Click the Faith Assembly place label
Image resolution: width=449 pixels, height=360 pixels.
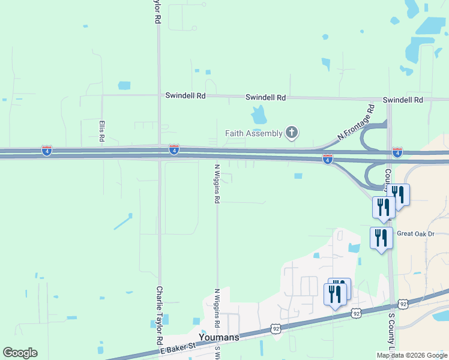[x=254, y=133]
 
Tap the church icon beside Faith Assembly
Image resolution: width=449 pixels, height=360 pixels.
[x=292, y=133]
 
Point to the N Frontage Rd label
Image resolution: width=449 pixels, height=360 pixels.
[x=356, y=122]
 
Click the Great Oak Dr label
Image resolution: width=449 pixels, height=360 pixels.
[x=415, y=234]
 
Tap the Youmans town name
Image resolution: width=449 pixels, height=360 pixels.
[x=219, y=337]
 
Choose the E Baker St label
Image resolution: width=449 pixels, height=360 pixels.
[x=178, y=347]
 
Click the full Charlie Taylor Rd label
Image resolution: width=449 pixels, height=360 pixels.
[x=160, y=315]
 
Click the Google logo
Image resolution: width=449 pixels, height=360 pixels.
[x=20, y=353]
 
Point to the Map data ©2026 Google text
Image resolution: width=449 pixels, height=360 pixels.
[x=411, y=355]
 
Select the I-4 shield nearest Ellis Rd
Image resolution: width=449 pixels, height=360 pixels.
[x=47, y=149]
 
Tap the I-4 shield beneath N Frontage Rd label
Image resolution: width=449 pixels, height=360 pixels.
[x=327, y=159]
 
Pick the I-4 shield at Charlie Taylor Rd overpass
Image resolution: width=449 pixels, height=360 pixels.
[x=173, y=149]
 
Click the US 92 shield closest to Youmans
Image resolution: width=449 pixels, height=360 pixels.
[x=276, y=329]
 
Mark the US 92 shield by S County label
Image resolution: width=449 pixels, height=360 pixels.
[x=403, y=305]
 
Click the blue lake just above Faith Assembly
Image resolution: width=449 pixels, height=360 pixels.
[x=259, y=114]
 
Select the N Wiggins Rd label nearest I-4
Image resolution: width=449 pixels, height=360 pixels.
[x=217, y=184]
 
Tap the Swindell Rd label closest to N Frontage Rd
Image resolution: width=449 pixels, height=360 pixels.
[x=403, y=100]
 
